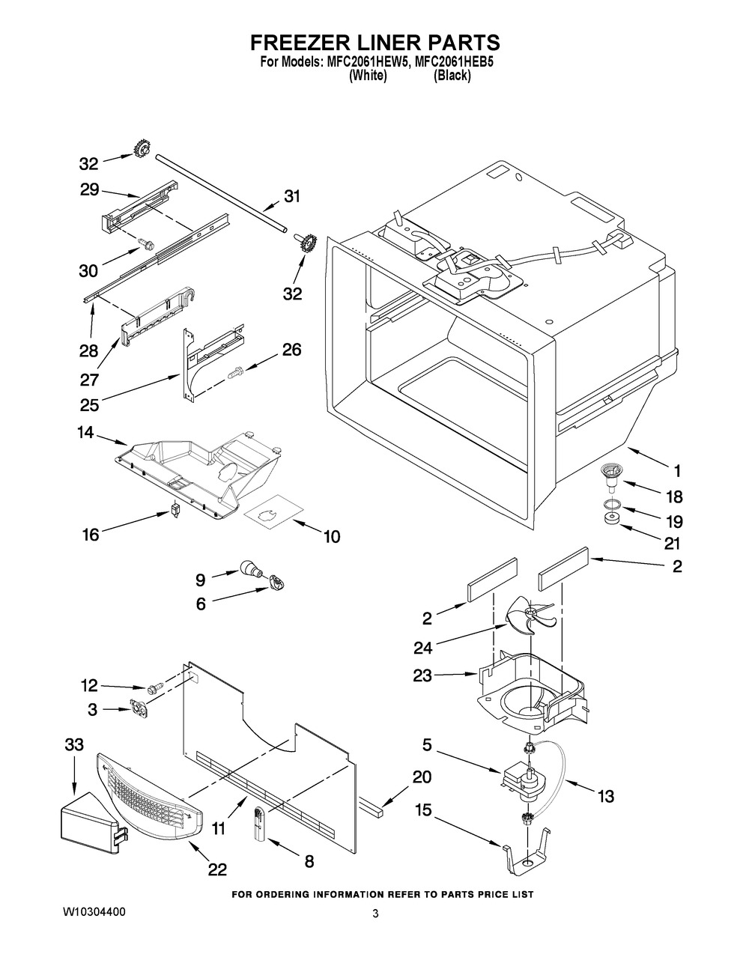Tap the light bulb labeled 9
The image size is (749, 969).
[252, 569]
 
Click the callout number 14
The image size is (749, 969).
[85, 432]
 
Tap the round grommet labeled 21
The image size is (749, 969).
[611, 518]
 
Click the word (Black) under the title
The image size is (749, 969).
[452, 76]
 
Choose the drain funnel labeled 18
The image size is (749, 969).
[610, 478]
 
